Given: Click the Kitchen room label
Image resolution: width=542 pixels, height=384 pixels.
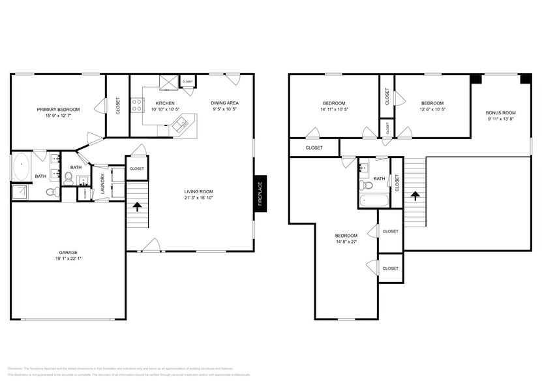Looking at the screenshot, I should tap(164, 103).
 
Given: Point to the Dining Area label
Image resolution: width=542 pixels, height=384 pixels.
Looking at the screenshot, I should tap(224, 103).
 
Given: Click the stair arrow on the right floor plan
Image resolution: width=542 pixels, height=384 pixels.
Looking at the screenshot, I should tap(415, 195).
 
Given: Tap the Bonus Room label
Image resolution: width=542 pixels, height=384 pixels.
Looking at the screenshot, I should tap(500, 113).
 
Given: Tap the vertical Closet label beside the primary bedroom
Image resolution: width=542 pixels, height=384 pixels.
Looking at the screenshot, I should tap(118, 106).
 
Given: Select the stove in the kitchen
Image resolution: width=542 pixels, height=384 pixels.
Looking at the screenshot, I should tap(138, 105).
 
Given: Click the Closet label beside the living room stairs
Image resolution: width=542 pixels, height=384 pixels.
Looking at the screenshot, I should tap(136, 168).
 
